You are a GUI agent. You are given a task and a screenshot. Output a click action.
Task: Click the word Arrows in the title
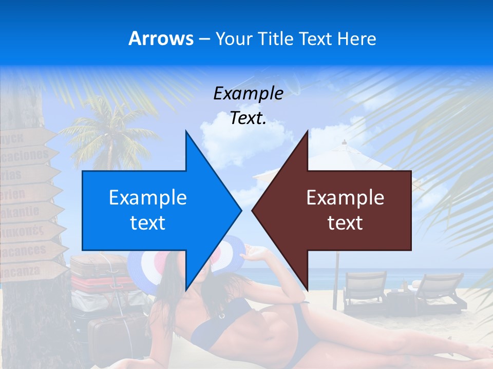(x=161, y=38)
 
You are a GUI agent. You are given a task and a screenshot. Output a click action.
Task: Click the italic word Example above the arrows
(x=248, y=94)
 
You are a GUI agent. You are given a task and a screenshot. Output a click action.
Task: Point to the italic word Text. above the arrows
(x=248, y=118)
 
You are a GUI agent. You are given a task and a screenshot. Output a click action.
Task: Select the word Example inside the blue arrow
(x=148, y=198)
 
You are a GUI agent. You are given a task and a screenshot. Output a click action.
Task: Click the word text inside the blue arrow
(x=148, y=223)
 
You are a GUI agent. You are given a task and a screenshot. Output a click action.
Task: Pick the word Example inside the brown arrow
(x=345, y=198)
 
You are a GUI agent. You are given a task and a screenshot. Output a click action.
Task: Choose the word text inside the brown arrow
(x=345, y=223)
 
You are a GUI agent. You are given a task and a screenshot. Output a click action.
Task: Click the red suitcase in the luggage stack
(x=101, y=283)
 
